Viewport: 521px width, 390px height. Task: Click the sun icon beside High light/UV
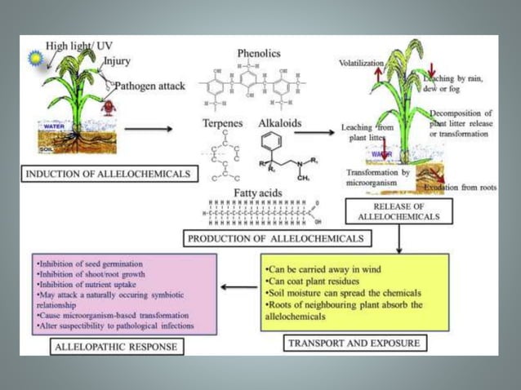33,58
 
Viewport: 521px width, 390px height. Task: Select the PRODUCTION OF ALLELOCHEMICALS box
276,239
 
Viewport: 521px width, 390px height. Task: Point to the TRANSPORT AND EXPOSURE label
354,343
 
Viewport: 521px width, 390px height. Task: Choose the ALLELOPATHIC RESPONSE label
115,347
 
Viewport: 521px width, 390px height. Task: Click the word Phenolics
259,53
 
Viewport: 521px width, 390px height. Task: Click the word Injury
117,60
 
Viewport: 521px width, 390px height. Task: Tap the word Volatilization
362,63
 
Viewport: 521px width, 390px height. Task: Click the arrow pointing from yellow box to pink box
238,286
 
